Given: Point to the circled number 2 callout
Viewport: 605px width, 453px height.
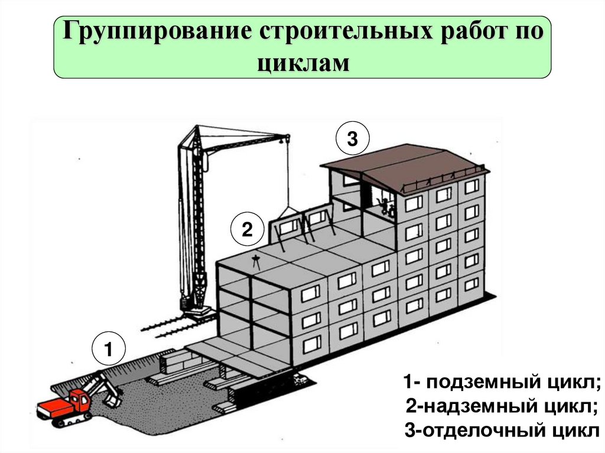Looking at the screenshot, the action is [x=246, y=230].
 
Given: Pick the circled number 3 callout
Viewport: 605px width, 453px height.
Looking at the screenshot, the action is [x=352, y=139].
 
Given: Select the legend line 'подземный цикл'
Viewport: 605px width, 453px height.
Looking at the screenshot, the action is [x=501, y=382].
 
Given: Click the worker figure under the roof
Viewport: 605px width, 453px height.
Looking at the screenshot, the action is [x=385, y=206].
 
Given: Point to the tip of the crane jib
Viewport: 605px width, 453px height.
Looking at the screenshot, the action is [x=286, y=139].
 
